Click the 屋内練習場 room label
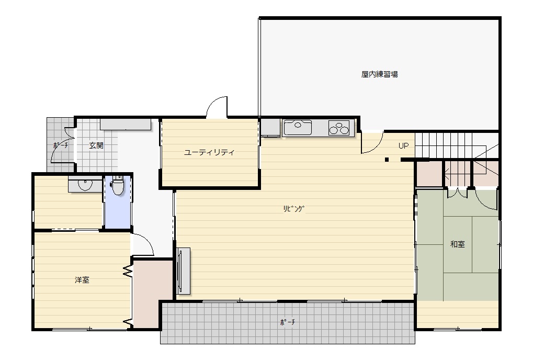[x=379, y=74]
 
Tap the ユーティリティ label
[x=209, y=152]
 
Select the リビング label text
[x=293, y=209]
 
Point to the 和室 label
[x=457, y=244]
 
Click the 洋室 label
[x=82, y=280]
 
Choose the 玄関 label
[x=96, y=145]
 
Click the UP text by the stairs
[x=403, y=146]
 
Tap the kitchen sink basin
[x=298, y=128]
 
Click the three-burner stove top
[x=339, y=128]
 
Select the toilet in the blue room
[x=118, y=185]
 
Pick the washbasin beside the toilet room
[x=85, y=184]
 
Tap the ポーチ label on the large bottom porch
[x=288, y=322]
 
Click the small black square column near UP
[x=387, y=160]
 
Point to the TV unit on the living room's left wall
[x=183, y=271]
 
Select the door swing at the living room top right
[x=372, y=142]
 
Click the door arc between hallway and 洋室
[x=143, y=244]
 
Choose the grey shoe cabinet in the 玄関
[x=126, y=125]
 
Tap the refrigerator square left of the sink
[x=270, y=128]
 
